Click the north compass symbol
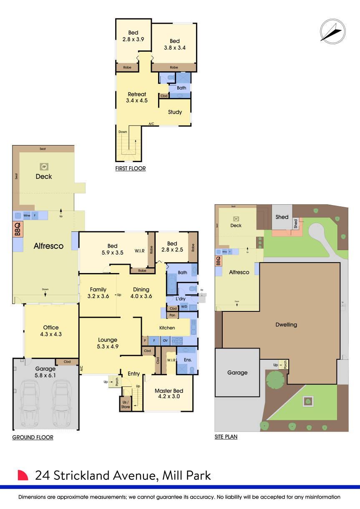pos(333,32)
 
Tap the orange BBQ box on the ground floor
pos(18,229)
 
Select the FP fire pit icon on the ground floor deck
pos(44,167)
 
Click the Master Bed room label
pos(169,394)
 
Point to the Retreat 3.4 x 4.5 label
pos(137,97)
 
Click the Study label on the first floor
pos(175,112)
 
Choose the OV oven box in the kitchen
pos(165,341)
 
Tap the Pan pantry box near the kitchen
pos(172,315)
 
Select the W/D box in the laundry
pos(184,306)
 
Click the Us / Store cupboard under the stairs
pos(125,404)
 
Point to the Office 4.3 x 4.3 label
pos(51,331)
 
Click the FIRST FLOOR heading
pos(131,168)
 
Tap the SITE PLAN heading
pos(226,436)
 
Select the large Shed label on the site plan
pos(282,217)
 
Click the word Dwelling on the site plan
pos(286,325)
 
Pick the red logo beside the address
pos(23,475)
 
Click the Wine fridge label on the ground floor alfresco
pos(27,216)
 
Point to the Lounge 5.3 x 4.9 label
pos(108,343)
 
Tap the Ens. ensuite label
pos(188,360)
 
